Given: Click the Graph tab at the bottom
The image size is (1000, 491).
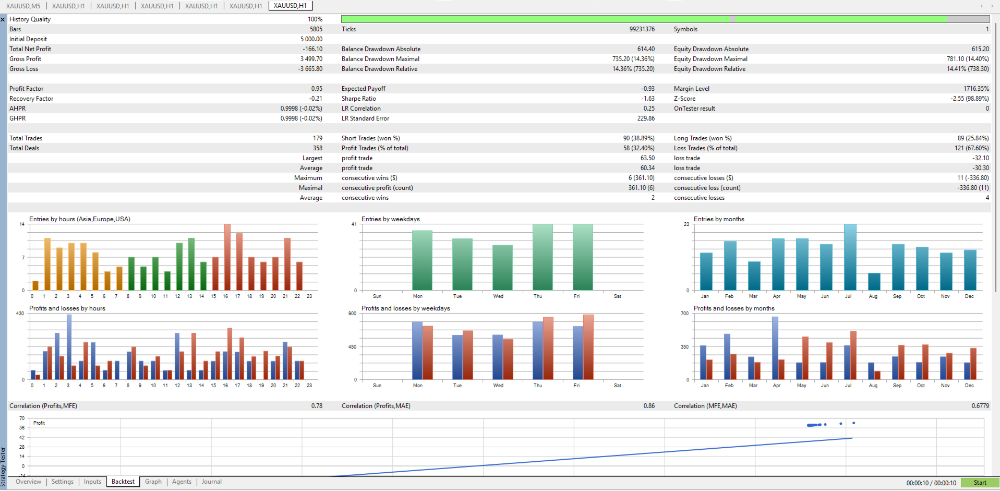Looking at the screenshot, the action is [153, 482].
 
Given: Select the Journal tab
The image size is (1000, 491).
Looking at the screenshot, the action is [211, 482].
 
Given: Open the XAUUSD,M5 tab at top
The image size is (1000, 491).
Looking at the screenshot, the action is [23, 6].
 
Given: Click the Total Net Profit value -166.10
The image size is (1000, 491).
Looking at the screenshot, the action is [312, 49].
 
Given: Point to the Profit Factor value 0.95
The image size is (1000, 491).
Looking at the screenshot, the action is [317, 89].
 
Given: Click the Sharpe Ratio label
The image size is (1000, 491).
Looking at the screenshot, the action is [358, 99].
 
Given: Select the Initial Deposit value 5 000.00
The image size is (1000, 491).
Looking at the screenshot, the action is [311, 39].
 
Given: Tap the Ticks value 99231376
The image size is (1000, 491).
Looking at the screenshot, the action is [642, 29].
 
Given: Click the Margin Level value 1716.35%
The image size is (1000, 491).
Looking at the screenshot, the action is [976, 89].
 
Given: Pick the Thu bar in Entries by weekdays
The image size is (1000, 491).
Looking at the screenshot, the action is [543, 257].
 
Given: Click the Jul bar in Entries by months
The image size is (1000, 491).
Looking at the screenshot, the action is [850, 257].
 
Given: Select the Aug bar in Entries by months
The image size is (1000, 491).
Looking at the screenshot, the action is [874, 282].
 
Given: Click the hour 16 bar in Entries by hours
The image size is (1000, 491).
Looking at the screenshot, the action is [227, 257].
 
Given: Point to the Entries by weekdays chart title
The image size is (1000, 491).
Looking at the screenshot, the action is [390, 219].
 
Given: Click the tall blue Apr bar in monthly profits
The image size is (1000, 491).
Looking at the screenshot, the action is [775, 348].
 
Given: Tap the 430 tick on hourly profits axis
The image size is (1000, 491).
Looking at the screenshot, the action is [20, 314].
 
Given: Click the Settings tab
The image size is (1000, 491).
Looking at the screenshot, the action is [63, 482].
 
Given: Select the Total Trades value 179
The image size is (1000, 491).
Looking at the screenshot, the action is [318, 138].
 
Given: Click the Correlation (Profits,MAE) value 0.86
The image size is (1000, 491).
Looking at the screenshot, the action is [649, 406].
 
